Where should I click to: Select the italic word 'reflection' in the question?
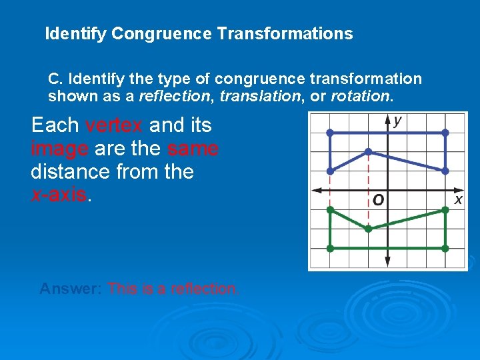(174, 96)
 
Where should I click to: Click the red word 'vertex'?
(115, 125)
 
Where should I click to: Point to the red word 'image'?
(60, 149)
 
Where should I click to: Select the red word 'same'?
(193, 149)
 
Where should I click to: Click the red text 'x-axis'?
(59, 195)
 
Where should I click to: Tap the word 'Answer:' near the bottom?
(71, 289)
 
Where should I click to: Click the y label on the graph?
(398, 121)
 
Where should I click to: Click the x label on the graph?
(458, 199)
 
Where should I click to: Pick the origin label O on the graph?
(378, 199)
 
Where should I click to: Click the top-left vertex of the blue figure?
(330, 133)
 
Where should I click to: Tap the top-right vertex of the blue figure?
(445, 133)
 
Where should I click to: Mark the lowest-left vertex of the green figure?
(330, 248)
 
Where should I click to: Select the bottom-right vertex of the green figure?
(445, 248)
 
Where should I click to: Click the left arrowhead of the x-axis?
(315, 190)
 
